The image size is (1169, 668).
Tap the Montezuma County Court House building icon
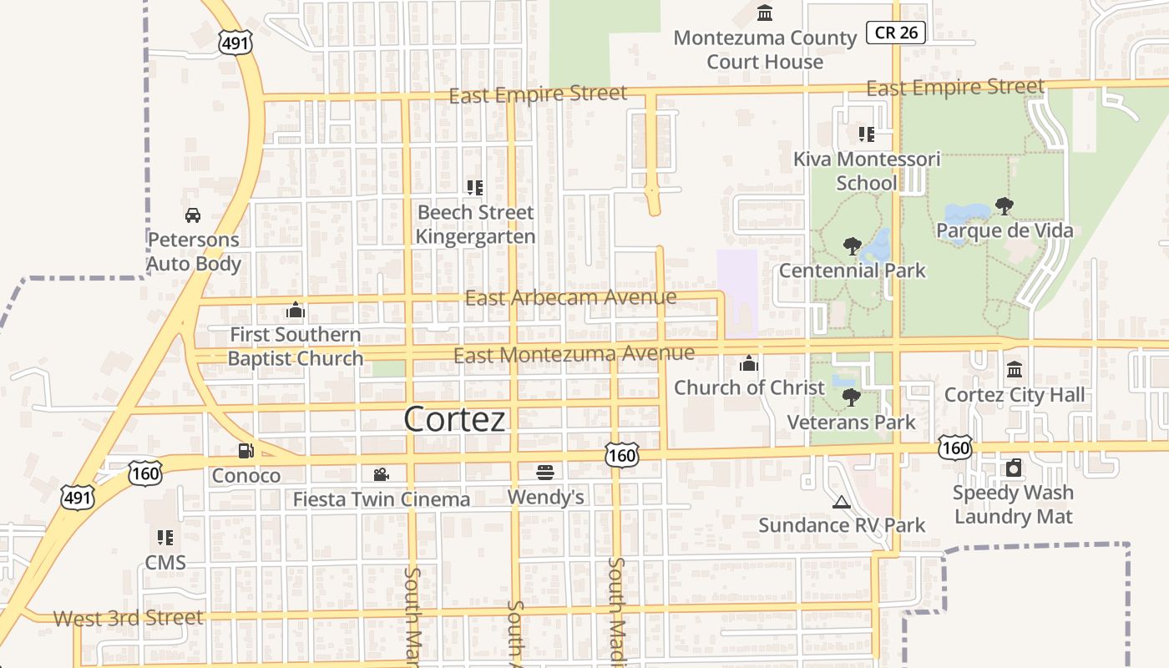click(x=764, y=13)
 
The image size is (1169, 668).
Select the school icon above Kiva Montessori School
click(x=866, y=134)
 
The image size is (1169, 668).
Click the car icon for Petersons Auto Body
click(x=193, y=215)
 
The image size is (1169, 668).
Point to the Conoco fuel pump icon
click(x=245, y=451)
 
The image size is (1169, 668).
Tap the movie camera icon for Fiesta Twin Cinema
click(x=381, y=474)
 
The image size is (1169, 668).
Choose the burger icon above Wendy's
click(x=545, y=473)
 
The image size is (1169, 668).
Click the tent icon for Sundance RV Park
click(x=841, y=502)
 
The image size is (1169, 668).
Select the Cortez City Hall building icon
click(x=1015, y=370)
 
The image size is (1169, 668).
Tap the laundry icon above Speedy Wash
click(x=1014, y=468)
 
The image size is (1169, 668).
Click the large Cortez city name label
click(x=455, y=419)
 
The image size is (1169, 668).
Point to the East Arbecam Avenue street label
click(x=570, y=297)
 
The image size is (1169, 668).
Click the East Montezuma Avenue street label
click(x=574, y=355)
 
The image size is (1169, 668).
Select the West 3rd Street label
click(x=129, y=619)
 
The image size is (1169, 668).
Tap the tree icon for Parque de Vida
click(x=1005, y=205)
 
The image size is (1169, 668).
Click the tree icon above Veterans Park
click(x=851, y=397)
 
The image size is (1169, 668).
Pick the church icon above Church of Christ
click(x=749, y=363)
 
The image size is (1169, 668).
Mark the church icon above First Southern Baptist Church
click(x=296, y=311)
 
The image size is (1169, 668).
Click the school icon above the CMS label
click(x=165, y=538)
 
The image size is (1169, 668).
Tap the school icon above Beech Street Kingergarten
click(x=475, y=188)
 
